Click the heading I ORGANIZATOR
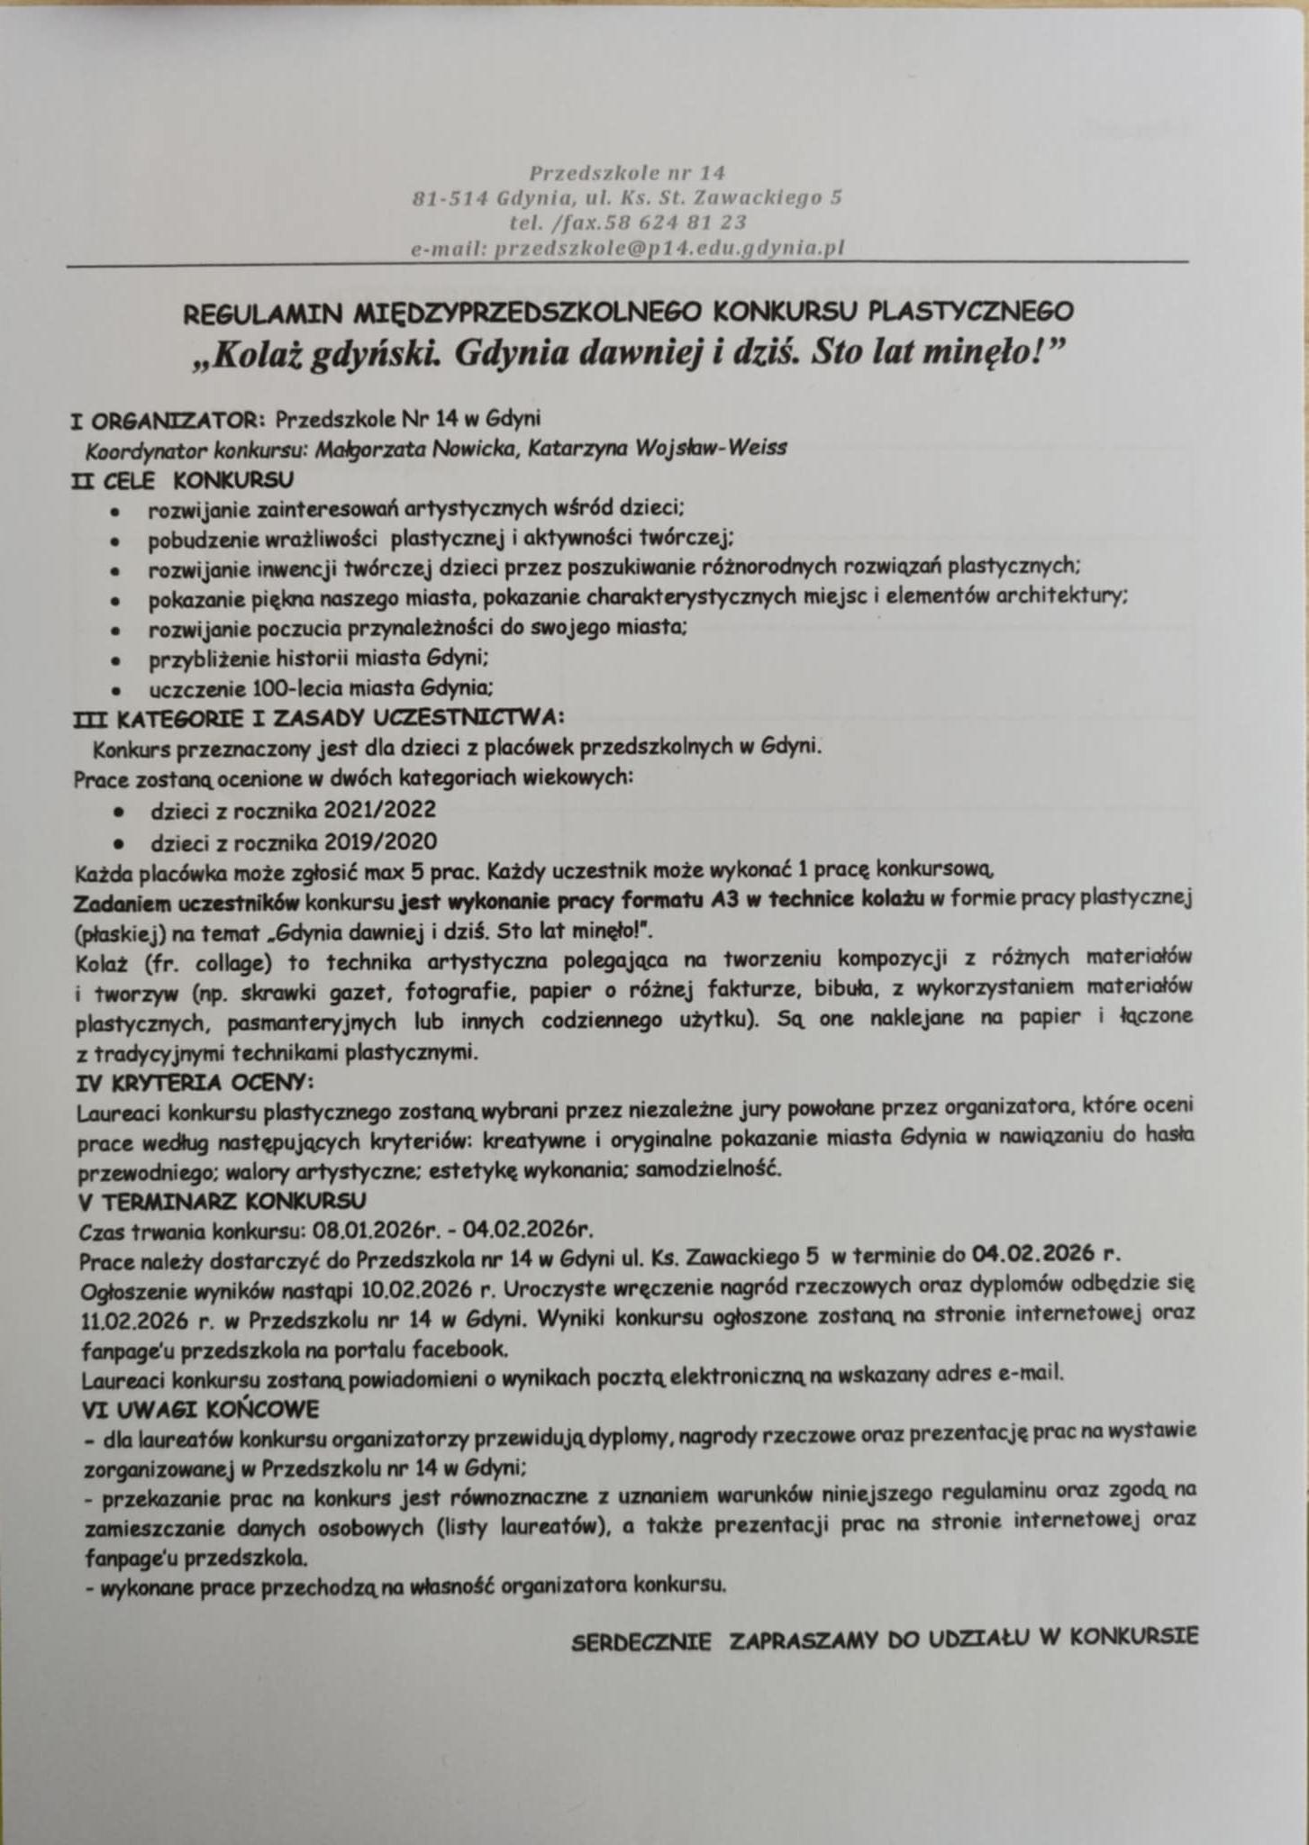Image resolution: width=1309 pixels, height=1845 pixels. (167, 419)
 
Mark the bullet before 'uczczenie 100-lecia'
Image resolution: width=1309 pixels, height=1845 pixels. (114, 690)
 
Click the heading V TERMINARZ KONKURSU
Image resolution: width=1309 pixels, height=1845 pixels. (223, 1202)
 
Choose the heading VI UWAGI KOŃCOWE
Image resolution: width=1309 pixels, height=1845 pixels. (200, 1407)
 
